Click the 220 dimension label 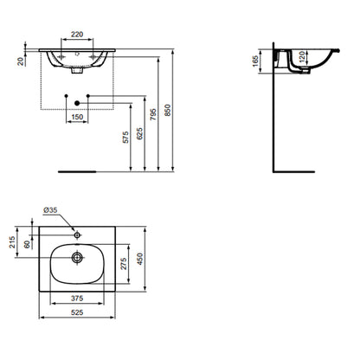pyautogui.click(x=77, y=35)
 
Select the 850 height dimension pyautogui.click(x=168, y=110)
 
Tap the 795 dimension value pyautogui.click(x=153, y=114)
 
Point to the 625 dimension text pyautogui.click(x=139, y=133)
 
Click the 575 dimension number pyautogui.click(x=125, y=138)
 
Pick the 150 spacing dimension pyautogui.click(x=77, y=117)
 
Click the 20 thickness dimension pyautogui.click(x=21, y=61)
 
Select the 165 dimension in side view pyautogui.click(x=255, y=61)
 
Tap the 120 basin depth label pyautogui.click(x=301, y=57)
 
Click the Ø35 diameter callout pyautogui.click(x=50, y=210)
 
